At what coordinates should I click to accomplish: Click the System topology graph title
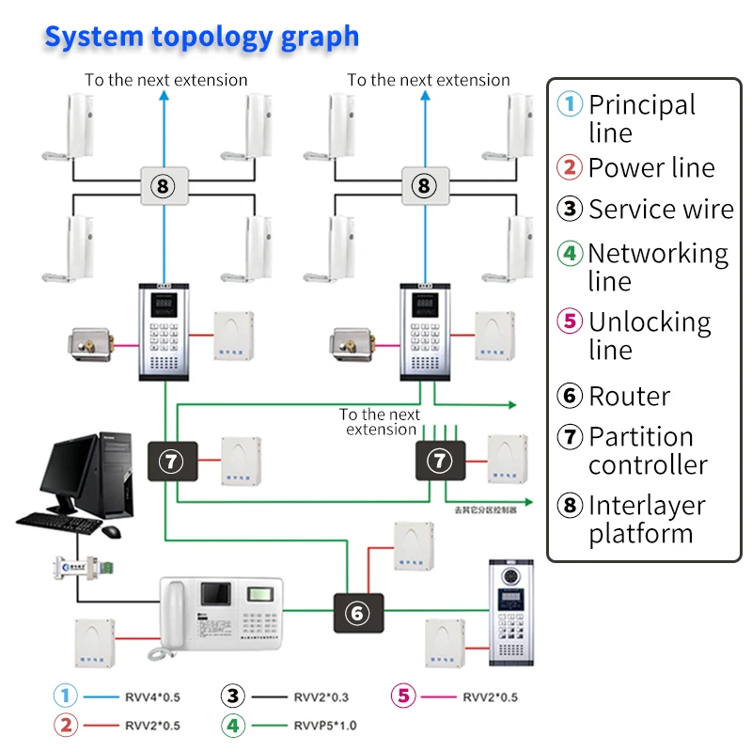pos(201,37)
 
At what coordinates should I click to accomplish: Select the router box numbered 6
pos(356,613)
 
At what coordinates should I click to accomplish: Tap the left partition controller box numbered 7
pos(172,460)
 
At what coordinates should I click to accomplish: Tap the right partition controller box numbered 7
pos(440,460)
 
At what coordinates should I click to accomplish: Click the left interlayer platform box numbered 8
pos(164,185)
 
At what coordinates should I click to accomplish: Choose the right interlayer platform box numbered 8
pos(424,185)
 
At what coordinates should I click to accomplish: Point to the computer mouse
pos(111,531)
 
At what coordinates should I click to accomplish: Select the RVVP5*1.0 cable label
pos(325,725)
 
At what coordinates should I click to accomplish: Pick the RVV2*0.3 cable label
pos(321,697)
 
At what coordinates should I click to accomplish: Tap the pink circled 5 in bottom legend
pos(403,697)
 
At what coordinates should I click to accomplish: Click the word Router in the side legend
pos(629,396)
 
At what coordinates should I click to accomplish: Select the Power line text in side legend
pos(651,168)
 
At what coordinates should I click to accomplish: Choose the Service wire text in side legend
pos(661,209)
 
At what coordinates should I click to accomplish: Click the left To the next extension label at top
pos(166,80)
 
